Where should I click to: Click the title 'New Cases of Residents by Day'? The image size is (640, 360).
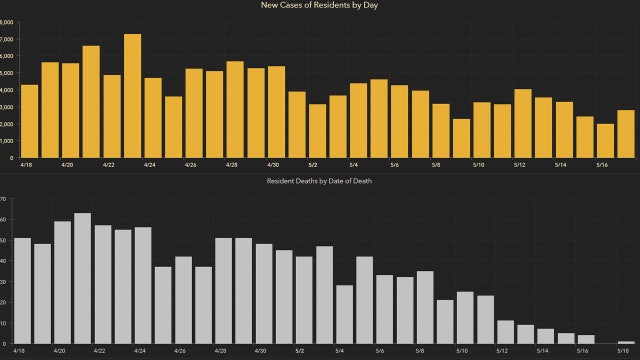coord(319,7)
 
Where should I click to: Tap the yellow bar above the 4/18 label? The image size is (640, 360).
coord(29,121)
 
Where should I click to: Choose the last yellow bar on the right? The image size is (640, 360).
coord(625,134)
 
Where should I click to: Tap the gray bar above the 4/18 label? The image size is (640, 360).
coord(22,290)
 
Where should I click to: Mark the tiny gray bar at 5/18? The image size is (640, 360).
coord(626,342)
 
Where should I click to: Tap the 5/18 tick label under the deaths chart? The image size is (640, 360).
coord(625,352)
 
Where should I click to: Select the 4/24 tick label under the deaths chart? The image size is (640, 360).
coord(140,352)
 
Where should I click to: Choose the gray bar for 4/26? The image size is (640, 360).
coord(183,300)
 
